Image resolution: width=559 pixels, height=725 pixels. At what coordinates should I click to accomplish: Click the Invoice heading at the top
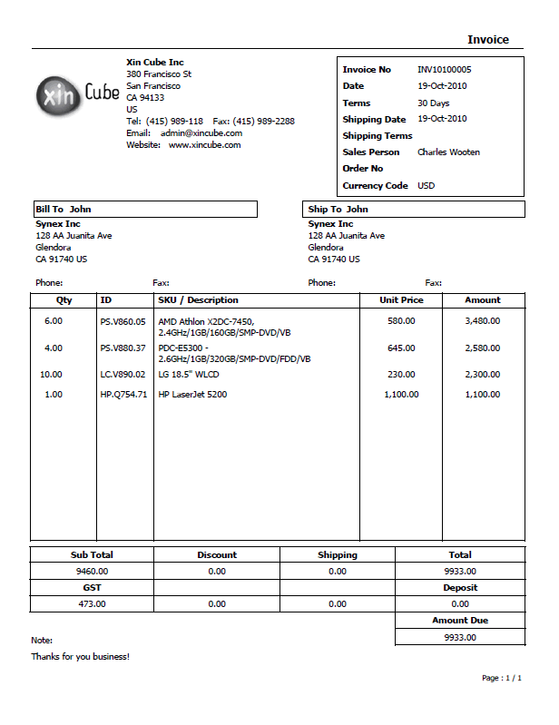488,40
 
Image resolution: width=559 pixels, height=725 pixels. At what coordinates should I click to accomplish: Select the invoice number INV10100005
444,70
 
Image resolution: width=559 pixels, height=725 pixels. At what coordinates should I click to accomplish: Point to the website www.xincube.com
204,145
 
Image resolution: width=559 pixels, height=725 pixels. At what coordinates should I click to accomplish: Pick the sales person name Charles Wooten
448,152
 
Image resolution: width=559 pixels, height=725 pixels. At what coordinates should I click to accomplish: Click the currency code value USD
426,186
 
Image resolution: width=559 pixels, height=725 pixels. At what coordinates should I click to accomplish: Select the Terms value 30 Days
433,103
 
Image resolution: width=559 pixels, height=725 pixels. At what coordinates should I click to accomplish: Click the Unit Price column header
401,300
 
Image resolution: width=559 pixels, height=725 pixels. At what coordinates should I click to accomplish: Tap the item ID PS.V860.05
123,321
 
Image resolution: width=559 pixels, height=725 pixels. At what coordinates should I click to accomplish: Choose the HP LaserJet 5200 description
192,395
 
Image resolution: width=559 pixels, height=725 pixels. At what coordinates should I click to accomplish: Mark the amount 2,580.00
482,348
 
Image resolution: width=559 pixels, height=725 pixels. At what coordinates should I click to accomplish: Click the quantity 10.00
51,374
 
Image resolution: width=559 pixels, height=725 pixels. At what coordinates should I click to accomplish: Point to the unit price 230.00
401,374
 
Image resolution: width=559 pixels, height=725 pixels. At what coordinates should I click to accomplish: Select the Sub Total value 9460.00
92,572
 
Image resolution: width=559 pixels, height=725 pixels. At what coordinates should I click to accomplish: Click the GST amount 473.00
92,604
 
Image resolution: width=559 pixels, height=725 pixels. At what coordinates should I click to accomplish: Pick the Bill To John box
144,210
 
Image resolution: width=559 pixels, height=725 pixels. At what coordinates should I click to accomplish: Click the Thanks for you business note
80,657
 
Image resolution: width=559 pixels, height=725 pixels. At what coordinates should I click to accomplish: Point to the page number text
501,678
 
